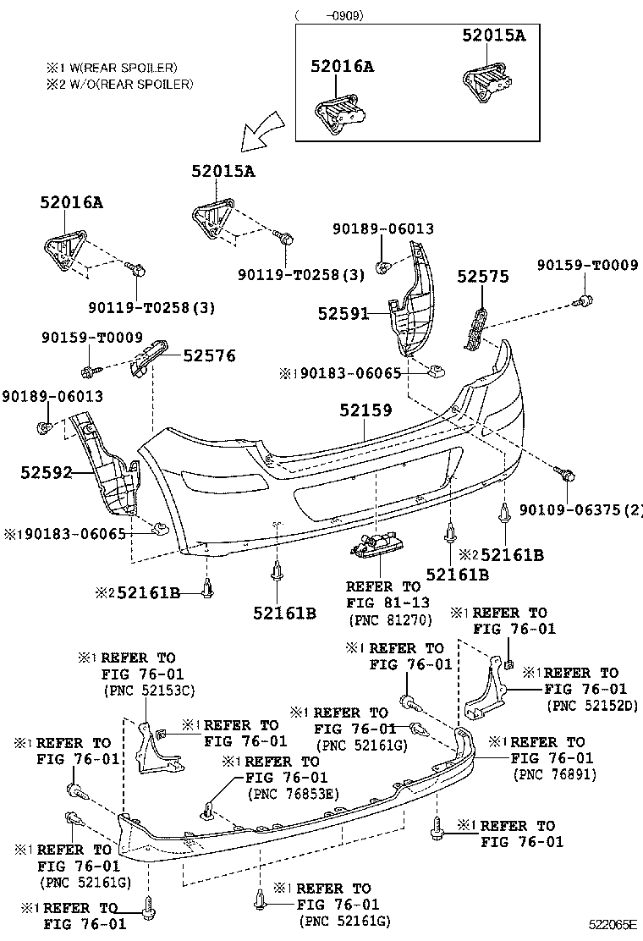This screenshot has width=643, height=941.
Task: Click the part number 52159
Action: tap(365, 410)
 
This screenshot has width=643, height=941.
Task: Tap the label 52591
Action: tap(343, 314)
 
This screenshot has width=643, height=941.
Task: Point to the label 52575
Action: tap(483, 276)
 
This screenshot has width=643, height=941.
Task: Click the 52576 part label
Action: tap(210, 356)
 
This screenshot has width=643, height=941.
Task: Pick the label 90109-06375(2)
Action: tap(580, 509)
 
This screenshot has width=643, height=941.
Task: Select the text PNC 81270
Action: tap(390, 619)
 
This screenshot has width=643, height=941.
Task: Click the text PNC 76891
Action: tap(554, 774)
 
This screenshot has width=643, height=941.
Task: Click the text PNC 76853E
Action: tap(293, 794)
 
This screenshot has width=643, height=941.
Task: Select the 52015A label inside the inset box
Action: tap(493, 35)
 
